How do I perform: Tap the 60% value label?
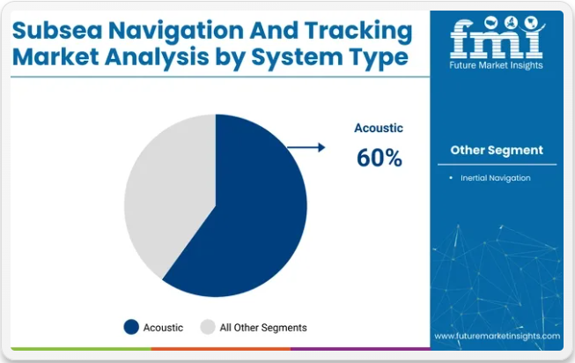[380, 158]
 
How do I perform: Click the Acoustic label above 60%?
[379, 128]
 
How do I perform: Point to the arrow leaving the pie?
[306, 147]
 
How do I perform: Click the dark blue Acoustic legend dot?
[131, 327]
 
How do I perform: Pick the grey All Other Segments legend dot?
[208, 327]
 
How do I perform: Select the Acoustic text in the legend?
[163, 328]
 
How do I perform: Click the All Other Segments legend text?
[263, 328]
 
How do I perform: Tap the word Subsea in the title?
[57, 30]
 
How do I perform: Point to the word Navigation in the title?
[176, 31]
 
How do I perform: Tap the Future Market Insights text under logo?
[496, 65]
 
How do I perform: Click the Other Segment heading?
[497, 150]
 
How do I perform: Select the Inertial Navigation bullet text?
[496, 178]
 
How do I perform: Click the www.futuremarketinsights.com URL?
[497, 336]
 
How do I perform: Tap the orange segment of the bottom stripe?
[221, 349]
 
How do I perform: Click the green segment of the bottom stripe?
[81, 349]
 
